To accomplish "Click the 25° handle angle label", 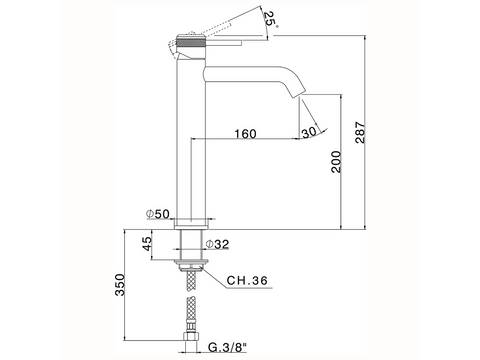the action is [x=271, y=20].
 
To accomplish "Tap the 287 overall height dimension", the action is [x=360, y=133].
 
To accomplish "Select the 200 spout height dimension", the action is [x=336, y=162].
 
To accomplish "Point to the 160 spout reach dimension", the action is [x=246, y=134].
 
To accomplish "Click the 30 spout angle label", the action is [x=309, y=132].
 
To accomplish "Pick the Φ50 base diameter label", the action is [x=158, y=214].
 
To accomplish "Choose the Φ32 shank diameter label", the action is [x=217, y=244].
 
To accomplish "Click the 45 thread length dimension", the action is [x=147, y=244].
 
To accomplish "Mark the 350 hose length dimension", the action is [x=119, y=285].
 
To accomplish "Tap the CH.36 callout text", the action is [x=247, y=280].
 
